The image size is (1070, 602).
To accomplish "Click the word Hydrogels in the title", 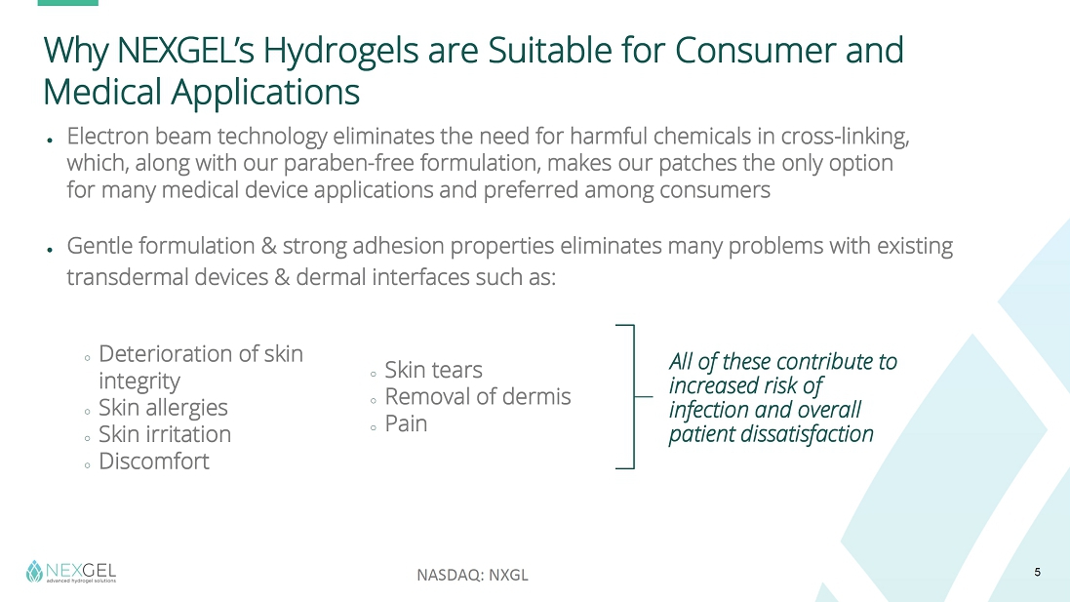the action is [340, 51].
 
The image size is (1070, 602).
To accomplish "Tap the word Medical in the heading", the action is [102, 92].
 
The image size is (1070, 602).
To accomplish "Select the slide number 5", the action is [1037, 572].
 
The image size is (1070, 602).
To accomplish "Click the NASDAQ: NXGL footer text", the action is [472, 575].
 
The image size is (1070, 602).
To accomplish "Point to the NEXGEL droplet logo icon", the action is [34, 572].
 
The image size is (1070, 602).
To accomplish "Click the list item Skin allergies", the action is [163, 408].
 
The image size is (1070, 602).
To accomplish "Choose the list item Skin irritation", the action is [165, 434].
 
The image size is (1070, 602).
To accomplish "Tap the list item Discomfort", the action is [154, 462].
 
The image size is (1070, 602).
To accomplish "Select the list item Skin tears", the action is [433, 370].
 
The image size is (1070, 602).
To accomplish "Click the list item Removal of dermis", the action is [478, 396].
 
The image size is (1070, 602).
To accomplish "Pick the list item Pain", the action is [406, 423].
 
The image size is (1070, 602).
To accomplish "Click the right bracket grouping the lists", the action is [634, 396].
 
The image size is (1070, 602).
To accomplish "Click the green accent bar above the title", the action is [67, 3].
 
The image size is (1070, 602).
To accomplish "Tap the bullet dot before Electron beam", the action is [50, 140].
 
